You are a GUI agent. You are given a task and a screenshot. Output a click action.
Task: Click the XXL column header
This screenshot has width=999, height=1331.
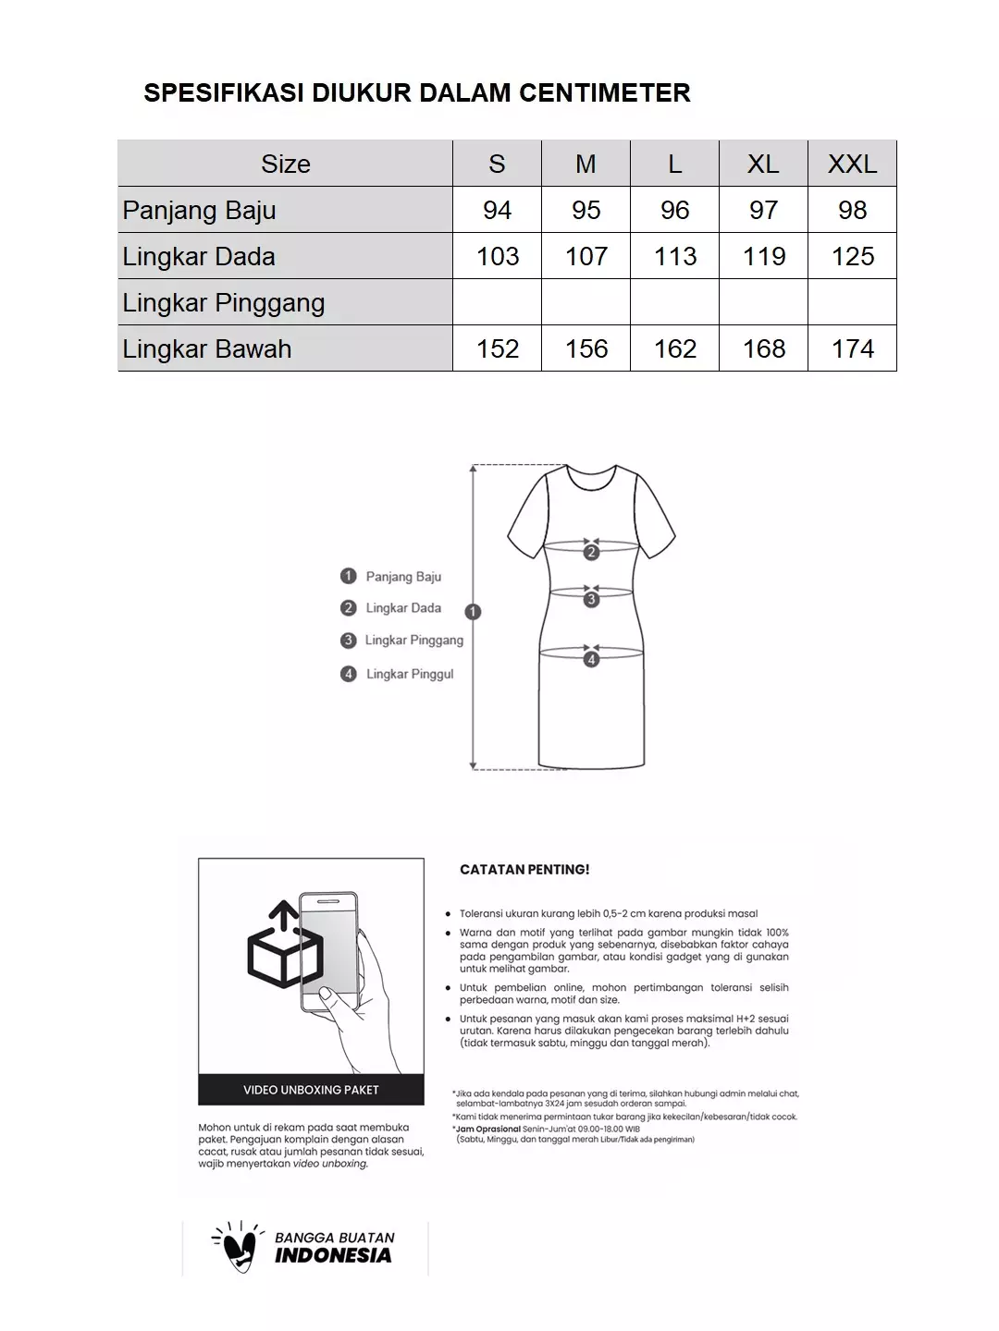pyautogui.click(x=852, y=164)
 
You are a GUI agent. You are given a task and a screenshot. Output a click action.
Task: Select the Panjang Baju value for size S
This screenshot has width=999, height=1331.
pyautogui.click(x=497, y=210)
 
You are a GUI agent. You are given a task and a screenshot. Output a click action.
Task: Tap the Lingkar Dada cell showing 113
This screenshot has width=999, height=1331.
pyautogui.click(x=674, y=256)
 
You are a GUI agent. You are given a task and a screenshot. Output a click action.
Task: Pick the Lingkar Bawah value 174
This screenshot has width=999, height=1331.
pyautogui.click(x=852, y=348)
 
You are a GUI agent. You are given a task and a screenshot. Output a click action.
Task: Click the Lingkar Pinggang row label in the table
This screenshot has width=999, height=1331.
pyautogui.click(x=224, y=302)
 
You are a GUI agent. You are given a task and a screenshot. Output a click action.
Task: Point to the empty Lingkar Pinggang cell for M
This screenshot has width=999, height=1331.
pyautogui.click(x=586, y=302)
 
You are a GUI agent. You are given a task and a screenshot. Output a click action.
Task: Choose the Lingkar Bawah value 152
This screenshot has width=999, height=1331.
pyautogui.click(x=497, y=348)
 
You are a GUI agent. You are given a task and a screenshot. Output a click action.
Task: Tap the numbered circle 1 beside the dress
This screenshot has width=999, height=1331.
pyautogui.click(x=474, y=612)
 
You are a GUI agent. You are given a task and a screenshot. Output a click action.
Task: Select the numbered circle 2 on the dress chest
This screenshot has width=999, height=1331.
pyautogui.click(x=591, y=553)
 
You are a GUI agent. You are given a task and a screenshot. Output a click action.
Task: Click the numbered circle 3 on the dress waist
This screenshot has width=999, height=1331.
pyautogui.click(x=591, y=599)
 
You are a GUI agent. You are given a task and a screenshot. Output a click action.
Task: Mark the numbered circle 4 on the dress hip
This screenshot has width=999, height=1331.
pyautogui.click(x=591, y=659)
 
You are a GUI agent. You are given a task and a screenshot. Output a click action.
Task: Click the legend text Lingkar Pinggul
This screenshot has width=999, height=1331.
pyautogui.click(x=410, y=674)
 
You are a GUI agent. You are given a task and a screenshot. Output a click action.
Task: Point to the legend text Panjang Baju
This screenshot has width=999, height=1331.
pyautogui.click(x=403, y=577)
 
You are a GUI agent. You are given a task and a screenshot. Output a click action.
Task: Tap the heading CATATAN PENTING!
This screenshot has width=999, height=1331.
pyautogui.click(x=524, y=870)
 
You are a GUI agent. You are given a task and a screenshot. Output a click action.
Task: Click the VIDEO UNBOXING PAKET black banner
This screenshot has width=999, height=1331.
pyautogui.click(x=311, y=1090)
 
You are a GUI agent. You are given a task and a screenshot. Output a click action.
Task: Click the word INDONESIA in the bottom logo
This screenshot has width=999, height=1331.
pyautogui.click(x=333, y=1255)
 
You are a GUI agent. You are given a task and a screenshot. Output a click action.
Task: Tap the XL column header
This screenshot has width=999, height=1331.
pyautogui.click(x=763, y=164)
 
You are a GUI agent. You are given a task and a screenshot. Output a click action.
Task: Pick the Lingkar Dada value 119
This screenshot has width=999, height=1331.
pyautogui.click(x=763, y=256)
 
